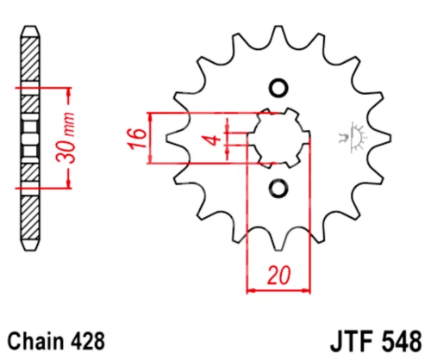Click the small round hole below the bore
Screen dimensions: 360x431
coord(278,188)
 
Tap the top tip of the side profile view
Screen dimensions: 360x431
coord(29,26)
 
